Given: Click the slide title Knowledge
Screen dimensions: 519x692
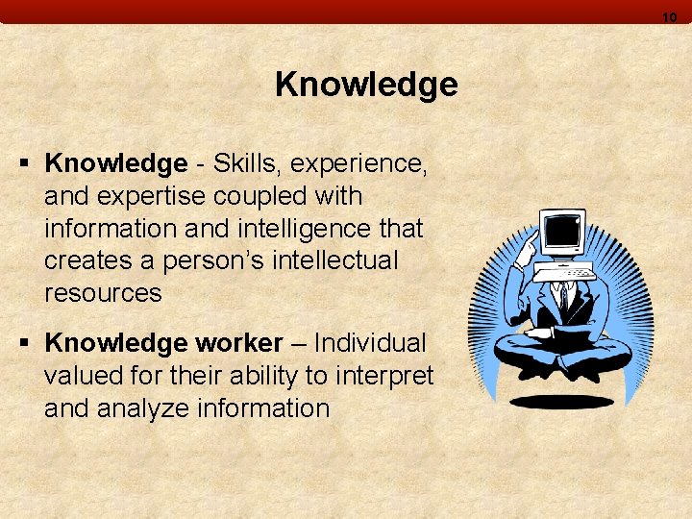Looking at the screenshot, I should pos(366,86).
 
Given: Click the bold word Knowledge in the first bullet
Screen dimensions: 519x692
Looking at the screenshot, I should pos(115,164).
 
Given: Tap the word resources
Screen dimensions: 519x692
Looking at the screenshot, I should pos(103,293).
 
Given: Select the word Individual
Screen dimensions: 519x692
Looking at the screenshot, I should pos(370,343).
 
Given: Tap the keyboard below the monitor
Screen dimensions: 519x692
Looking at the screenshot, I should pos(568,273).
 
